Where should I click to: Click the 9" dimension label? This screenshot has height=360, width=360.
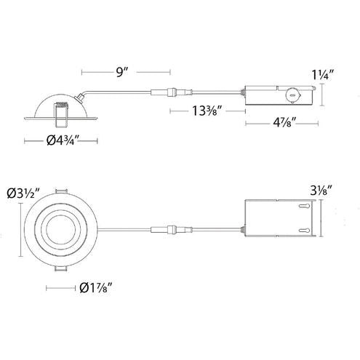click(121, 72)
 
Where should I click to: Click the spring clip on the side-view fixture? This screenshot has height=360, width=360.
click(62, 108)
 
